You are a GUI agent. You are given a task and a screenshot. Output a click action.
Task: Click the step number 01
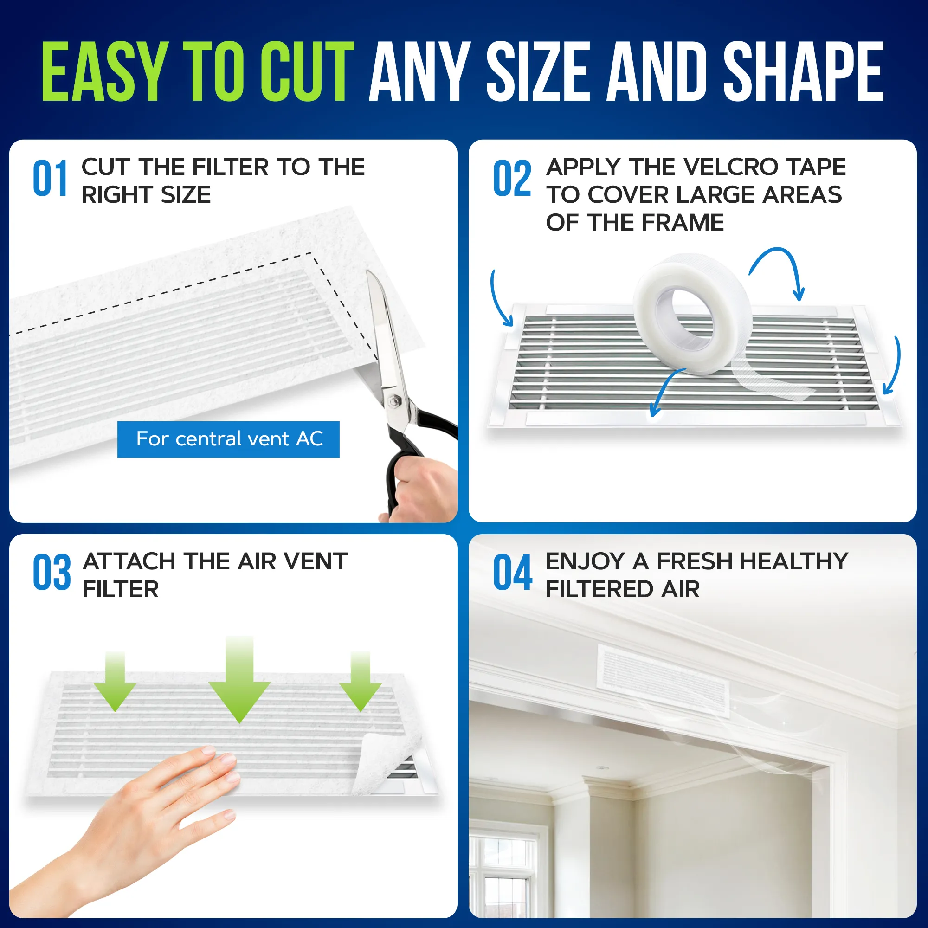pos(50,179)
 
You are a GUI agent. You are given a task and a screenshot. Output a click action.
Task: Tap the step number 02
pos(512,179)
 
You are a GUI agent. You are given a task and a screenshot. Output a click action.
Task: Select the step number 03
pos(52,573)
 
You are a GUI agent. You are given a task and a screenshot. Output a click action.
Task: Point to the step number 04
pos(513,573)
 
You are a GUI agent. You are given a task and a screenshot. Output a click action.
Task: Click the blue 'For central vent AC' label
pos(229,439)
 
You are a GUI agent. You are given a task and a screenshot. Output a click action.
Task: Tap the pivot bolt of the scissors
pos(394,400)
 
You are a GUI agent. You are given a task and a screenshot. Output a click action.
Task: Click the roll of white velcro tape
pos(692,315)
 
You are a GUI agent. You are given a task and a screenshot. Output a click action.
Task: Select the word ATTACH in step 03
pos(129,561)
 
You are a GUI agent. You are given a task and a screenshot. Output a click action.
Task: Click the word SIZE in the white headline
pos(538,71)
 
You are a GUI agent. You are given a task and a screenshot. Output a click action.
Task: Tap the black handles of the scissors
pos(418,447)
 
